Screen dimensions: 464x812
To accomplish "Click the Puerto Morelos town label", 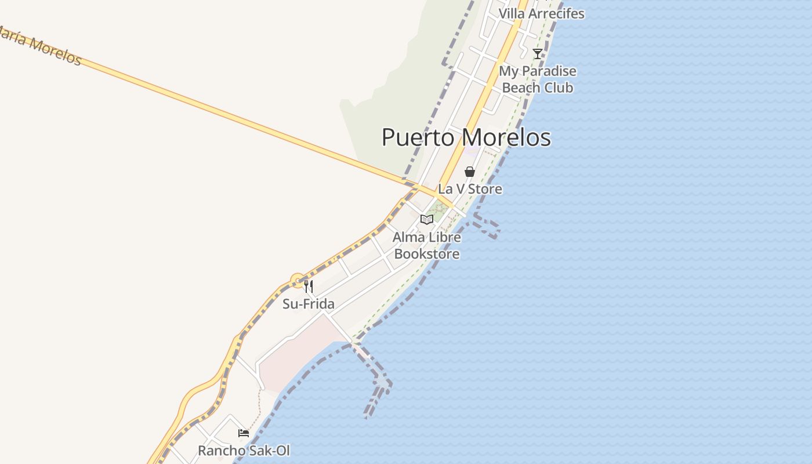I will (x=466, y=138).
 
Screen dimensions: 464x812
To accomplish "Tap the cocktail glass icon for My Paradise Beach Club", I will (x=538, y=54).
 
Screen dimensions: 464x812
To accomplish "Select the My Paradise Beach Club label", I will (x=538, y=79).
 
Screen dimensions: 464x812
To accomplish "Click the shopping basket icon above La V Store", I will (x=470, y=172).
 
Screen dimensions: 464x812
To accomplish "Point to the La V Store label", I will (x=470, y=189).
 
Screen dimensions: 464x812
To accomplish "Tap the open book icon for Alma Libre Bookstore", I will (x=427, y=219).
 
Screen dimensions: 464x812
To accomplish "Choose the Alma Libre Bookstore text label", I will (x=427, y=245).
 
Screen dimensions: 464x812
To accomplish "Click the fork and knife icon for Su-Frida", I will (x=309, y=286).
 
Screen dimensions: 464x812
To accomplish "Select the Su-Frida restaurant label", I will (x=309, y=304).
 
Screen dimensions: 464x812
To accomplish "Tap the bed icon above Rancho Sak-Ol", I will (x=244, y=433).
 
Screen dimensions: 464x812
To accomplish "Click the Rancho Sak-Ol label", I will (x=244, y=451).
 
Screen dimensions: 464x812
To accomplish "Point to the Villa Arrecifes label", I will (x=541, y=13).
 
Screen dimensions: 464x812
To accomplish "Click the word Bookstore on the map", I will (x=427, y=254).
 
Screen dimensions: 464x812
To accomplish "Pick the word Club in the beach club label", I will (x=556, y=88).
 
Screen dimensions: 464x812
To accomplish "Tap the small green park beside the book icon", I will (x=439, y=213).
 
